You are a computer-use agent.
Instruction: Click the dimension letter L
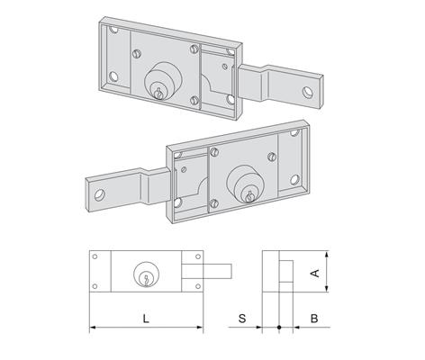tap(146, 319)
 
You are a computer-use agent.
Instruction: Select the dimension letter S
tap(242, 319)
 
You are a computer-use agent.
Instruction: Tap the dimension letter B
tap(314, 319)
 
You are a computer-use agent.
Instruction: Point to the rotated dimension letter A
tap(315, 274)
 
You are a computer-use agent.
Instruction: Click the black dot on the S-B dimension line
tap(279, 327)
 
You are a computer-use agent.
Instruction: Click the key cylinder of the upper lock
tap(159, 81)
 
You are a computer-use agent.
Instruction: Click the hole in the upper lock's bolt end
tap(308, 92)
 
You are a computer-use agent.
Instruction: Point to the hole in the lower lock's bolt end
tap(100, 195)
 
